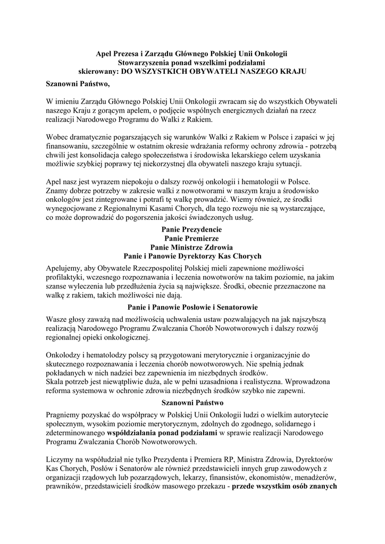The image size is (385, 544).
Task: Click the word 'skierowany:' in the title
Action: point(96,70)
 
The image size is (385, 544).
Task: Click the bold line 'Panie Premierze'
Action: point(192,239)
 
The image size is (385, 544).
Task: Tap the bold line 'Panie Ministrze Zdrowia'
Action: point(192,247)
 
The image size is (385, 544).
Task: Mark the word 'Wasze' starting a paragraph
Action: point(57,319)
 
